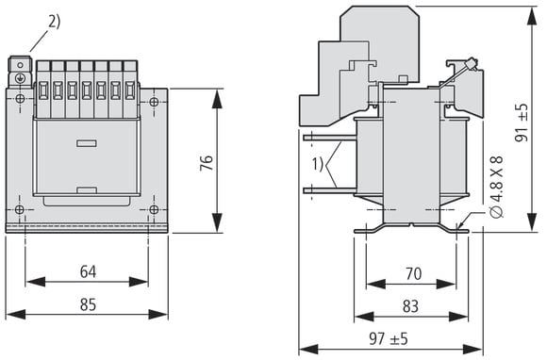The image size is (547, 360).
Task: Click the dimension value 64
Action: click(x=88, y=271)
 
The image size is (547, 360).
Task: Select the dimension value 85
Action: click(x=88, y=304)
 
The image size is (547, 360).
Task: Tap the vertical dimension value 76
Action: click(x=207, y=163)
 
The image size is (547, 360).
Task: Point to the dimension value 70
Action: click(x=414, y=273)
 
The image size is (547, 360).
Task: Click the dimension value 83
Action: click(x=410, y=306)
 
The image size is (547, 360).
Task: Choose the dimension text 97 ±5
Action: click(x=389, y=338)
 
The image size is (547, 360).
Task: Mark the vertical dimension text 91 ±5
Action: click(x=522, y=123)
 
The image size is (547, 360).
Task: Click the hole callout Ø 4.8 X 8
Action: click(x=496, y=187)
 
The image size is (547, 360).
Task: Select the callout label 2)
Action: click(x=54, y=22)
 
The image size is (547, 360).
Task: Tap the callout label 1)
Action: click(x=318, y=164)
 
